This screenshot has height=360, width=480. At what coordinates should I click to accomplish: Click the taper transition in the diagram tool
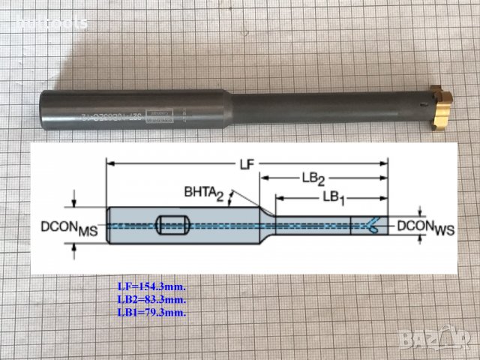click(267, 223)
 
